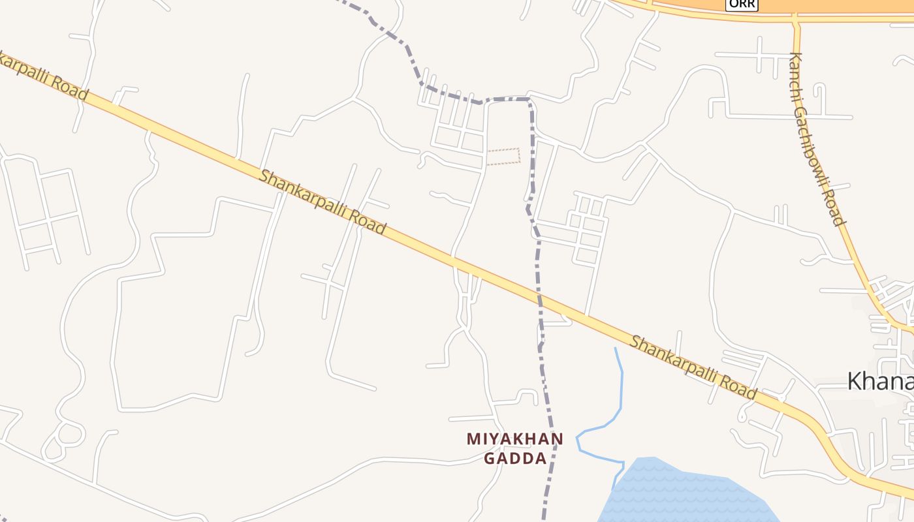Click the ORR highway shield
click(x=742, y=4)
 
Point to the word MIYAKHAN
click(x=514, y=439)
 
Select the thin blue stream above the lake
click(x=620, y=398)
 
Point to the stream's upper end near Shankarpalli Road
click(x=616, y=350)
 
